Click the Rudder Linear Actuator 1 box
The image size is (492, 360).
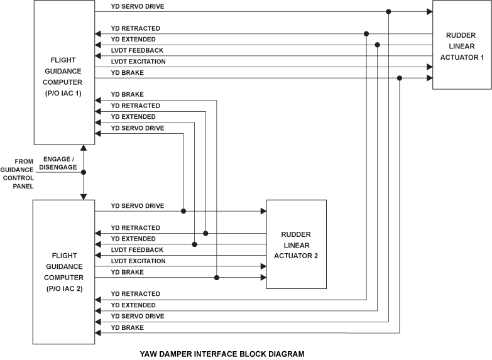[x=462, y=45]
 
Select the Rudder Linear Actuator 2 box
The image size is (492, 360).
[x=296, y=244]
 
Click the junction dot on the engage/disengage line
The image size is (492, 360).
[x=84, y=172]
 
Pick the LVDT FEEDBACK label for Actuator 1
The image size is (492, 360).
[x=137, y=50]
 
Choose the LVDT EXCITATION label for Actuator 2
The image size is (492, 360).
[x=138, y=261]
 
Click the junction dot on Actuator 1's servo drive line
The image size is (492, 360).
[x=389, y=12]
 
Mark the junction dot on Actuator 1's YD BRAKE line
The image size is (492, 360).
[x=400, y=78]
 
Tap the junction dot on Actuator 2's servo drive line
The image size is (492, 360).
[x=183, y=211]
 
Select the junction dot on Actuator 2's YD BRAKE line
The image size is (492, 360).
[x=217, y=277]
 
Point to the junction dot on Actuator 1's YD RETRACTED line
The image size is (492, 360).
[x=366, y=34]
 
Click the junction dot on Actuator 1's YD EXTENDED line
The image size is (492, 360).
[x=377, y=45]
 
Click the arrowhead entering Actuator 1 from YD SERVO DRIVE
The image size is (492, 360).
[x=429, y=12]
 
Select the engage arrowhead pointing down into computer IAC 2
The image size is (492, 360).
[x=84, y=197]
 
